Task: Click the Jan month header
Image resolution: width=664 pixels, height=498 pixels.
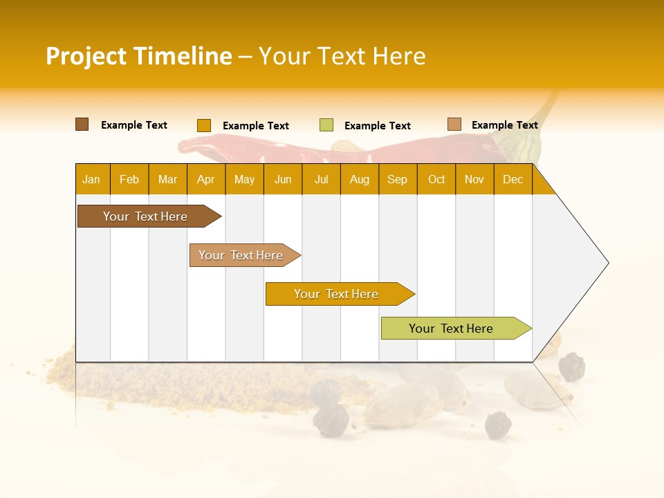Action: (x=91, y=179)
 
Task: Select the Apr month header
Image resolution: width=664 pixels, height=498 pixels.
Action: (x=206, y=179)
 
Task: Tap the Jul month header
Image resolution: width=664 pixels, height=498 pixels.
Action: (x=321, y=179)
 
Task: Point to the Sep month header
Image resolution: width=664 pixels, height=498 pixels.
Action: (x=397, y=179)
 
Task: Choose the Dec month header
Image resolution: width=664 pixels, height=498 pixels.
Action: (x=513, y=179)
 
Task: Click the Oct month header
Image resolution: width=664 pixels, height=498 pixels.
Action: (x=436, y=179)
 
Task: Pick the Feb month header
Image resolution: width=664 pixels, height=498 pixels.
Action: (x=129, y=179)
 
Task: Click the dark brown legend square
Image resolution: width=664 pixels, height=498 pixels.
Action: (x=82, y=124)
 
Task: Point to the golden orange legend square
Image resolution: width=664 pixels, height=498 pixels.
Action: (x=203, y=125)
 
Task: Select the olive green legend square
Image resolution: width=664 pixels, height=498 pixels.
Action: (x=326, y=125)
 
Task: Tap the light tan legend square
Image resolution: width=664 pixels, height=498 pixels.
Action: (x=454, y=124)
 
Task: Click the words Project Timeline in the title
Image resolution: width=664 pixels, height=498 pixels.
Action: (x=138, y=56)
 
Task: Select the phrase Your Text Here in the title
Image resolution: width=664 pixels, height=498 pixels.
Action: (x=342, y=56)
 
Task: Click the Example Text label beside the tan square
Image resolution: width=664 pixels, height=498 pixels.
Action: (x=504, y=125)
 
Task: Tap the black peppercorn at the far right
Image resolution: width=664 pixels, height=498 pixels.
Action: (x=571, y=367)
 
